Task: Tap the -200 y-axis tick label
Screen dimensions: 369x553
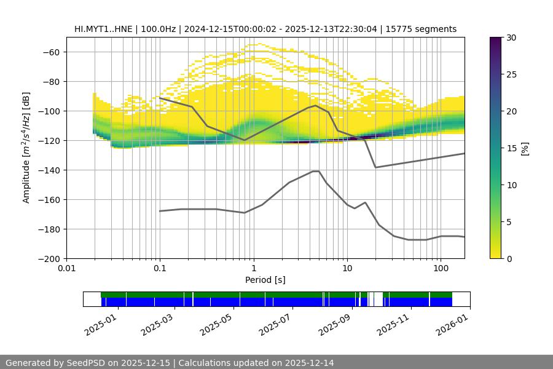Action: (50, 258)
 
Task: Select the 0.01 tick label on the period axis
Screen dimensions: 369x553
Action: (66, 269)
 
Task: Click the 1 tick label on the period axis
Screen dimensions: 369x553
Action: (253, 269)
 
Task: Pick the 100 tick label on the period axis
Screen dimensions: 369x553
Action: (440, 269)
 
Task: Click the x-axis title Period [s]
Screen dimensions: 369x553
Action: (265, 280)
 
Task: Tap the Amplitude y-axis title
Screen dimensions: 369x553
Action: (26, 148)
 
